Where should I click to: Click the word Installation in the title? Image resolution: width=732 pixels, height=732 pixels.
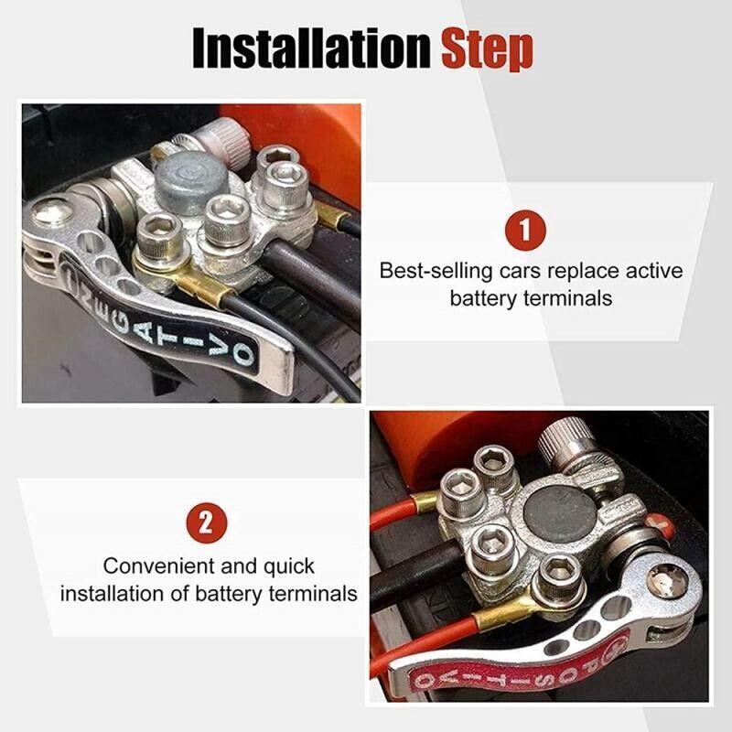tap(310, 48)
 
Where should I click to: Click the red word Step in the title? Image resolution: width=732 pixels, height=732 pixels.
tap(488, 48)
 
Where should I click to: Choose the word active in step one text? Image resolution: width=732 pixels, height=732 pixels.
tap(652, 272)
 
